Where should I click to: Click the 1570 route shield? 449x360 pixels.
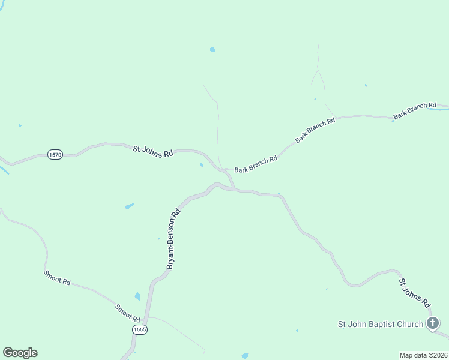pos(55,155)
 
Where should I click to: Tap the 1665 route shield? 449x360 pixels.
pos(140,329)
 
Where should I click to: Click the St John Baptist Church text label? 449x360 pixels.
pos(381,325)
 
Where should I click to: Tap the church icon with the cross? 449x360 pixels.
pos(433,324)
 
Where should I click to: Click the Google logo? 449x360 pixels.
pos(20,353)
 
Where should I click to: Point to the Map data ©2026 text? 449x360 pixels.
pos(424,355)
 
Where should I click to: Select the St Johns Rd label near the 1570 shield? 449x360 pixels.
pos(153,150)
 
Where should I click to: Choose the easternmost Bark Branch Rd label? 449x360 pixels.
pos(415,110)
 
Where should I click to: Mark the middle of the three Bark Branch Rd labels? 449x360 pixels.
pos(315,131)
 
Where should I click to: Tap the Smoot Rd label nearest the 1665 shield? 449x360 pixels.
pos(128,312)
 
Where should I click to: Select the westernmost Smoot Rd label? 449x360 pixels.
pos(57,277)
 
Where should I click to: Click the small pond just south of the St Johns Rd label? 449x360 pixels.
pos(202,165)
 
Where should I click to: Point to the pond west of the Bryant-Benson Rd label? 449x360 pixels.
pos(130,206)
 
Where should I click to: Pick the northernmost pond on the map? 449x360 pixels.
pos(212,50)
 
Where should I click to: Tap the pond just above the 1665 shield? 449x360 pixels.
pos(137,296)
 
